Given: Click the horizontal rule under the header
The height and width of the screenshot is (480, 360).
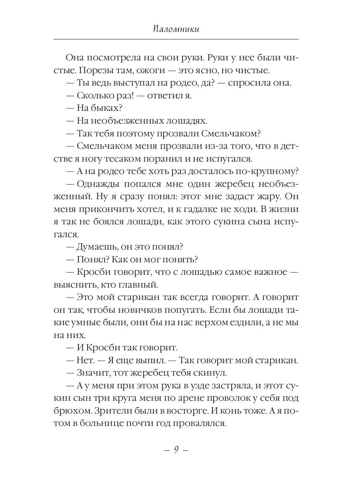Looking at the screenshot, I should (x=176, y=39).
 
